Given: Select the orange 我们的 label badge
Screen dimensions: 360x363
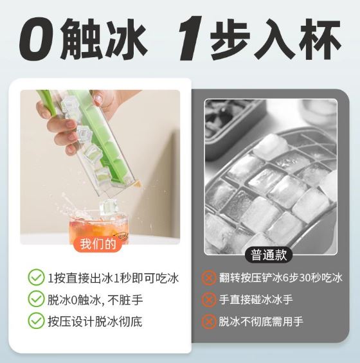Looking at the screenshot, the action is pyautogui.click(x=98, y=243).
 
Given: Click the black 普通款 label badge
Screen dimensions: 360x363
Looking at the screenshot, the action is pyautogui.click(x=269, y=255).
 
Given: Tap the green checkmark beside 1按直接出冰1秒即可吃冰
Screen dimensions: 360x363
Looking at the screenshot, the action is pyautogui.click(x=36, y=278).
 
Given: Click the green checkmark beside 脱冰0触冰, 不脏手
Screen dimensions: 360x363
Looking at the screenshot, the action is pyautogui.click(x=36, y=299).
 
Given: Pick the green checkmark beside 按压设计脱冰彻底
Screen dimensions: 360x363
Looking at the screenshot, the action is pyautogui.click(x=36, y=321).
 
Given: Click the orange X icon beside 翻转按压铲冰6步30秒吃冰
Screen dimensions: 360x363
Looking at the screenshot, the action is pyautogui.click(x=209, y=278).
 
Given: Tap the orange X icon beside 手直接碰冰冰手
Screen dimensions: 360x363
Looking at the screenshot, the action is pyautogui.click(x=209, y=299).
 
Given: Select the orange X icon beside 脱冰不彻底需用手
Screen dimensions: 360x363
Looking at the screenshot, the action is pyautogui.click(x=209, y=321).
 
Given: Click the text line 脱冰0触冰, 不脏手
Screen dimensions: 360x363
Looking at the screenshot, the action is pyautogui.click(x=95, y=299).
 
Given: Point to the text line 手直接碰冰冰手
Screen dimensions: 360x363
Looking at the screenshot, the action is pyautogui.click(x=256, y=299).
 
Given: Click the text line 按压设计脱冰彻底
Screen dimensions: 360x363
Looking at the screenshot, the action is pyautogui.click(x=95, y=321).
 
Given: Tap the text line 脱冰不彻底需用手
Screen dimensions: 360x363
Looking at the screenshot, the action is pyautogui.click(x=261, y=321).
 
